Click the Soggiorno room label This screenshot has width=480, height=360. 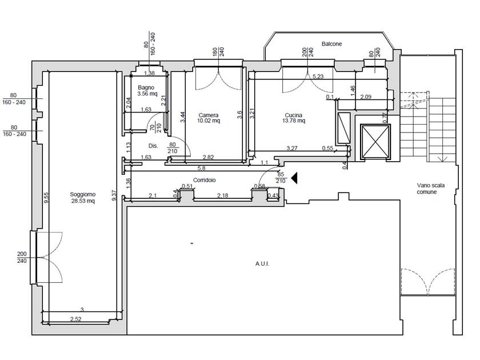tap(83, 194)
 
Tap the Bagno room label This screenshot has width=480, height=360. tap(146, 87)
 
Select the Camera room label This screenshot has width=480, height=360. tap(209, 115)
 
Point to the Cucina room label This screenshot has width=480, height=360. tap(294, 115)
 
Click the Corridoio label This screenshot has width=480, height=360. tap(204, 180)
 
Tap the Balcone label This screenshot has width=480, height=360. tap(331, 44)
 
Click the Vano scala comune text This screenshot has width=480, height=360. tap(431, 189)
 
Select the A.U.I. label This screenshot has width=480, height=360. tap(262, 263)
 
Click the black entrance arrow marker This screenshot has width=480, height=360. tap(294, 178)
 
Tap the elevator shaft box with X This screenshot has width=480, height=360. tap(375, 142)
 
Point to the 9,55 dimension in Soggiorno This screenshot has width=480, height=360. tap(46, 198)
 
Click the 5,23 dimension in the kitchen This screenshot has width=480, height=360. tap(318, 76)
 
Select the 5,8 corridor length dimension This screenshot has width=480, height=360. tap(201, 168)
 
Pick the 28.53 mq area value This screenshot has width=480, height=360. tap(83, 201)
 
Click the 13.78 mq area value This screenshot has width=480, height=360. tap(294, 121)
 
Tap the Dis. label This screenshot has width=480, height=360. tap(153, 146)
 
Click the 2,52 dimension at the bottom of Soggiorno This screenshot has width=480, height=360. tap(76, 319)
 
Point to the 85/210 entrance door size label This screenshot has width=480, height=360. tap(281, 178)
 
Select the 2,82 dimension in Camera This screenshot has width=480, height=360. tap(209, 157)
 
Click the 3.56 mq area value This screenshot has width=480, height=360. tap(147, 94)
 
